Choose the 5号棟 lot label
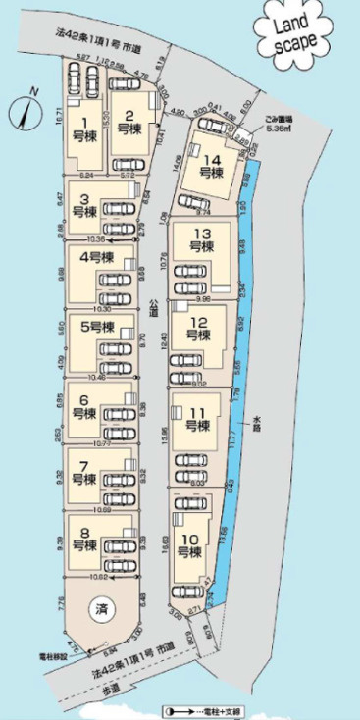97,327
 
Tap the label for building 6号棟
85,406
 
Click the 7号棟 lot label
85,474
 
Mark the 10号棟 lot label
188,545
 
